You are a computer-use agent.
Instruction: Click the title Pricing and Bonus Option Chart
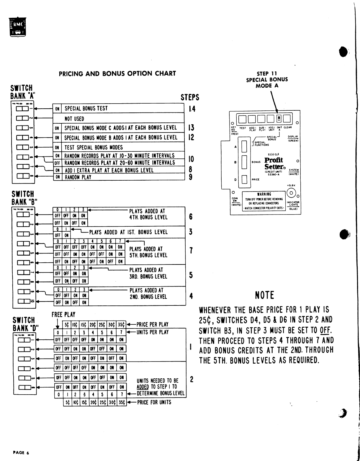(117, 73)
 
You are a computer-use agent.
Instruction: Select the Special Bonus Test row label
(86, 108)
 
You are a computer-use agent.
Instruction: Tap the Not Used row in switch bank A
(74, 119)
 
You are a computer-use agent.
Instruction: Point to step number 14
(192, 109)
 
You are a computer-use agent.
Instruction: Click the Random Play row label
(78, 177)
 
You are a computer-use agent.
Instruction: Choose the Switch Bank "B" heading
(23, 198)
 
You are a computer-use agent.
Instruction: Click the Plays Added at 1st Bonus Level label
(128, 232)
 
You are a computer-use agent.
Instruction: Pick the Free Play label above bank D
(63, 315)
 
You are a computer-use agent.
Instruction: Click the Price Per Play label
(152, 324)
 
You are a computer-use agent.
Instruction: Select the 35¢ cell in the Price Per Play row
(121, 324)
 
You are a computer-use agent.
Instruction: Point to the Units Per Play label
(152, 332)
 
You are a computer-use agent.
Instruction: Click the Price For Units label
(154, 402)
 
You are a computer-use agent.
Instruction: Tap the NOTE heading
(265, 295)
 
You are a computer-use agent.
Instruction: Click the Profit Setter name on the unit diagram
(274, 163)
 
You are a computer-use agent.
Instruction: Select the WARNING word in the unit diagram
(264, 194)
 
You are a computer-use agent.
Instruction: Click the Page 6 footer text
(21, 453)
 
